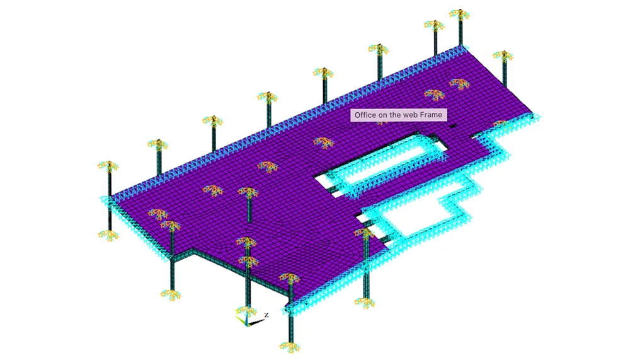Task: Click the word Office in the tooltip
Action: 365,115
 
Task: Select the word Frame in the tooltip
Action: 431,115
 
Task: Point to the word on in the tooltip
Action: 383,115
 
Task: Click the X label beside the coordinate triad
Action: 266,315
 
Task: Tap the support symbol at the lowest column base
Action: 290,346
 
